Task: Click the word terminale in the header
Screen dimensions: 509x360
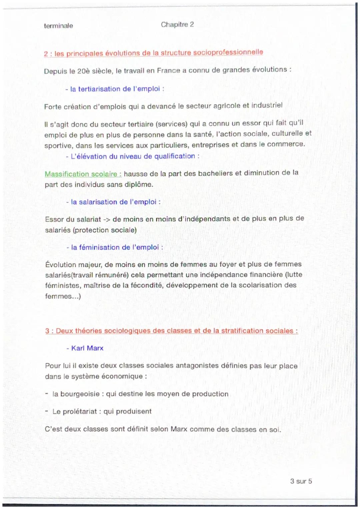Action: click(x=58, y=26)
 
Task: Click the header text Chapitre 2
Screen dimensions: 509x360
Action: click(x=177, y=24)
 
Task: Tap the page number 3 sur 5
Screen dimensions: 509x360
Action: click(x=301, y=481)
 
